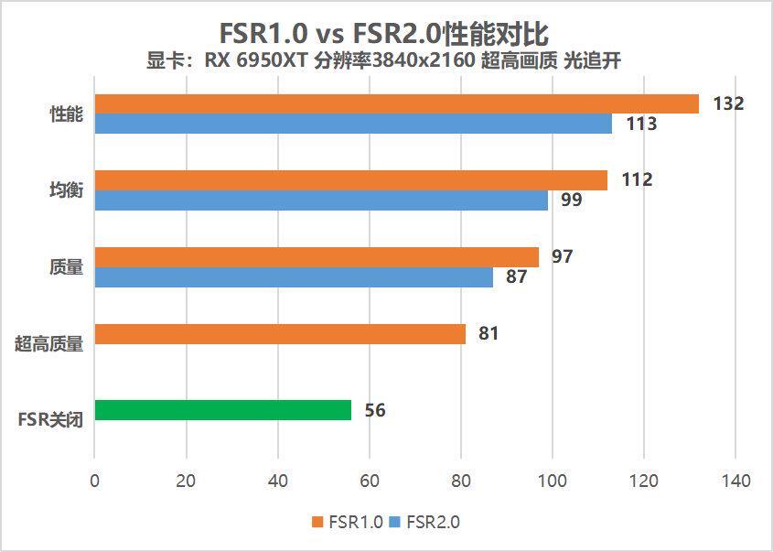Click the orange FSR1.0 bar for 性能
[x=396, y=103]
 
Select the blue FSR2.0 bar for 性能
[x=353, y=124]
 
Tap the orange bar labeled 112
[x=350, y=180]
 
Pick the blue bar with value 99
[x=321, y=200]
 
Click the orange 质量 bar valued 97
[x=317, y=257]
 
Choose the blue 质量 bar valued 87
[x=294, y=276]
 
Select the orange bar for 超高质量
[x=280, y=333]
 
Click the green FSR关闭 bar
[x=222, y=410]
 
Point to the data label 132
[x=728, y=103]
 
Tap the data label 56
[x=375, y=410]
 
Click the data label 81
[x=488, y=333]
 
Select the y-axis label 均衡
[x=66, y=190]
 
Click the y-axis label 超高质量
[x=49, y=344]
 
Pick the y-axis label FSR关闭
[x=50, y=420]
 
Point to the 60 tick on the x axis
[x=370, y=481]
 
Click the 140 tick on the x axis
[x=735, y=481]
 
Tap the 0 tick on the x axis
[x=95, y=481]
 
